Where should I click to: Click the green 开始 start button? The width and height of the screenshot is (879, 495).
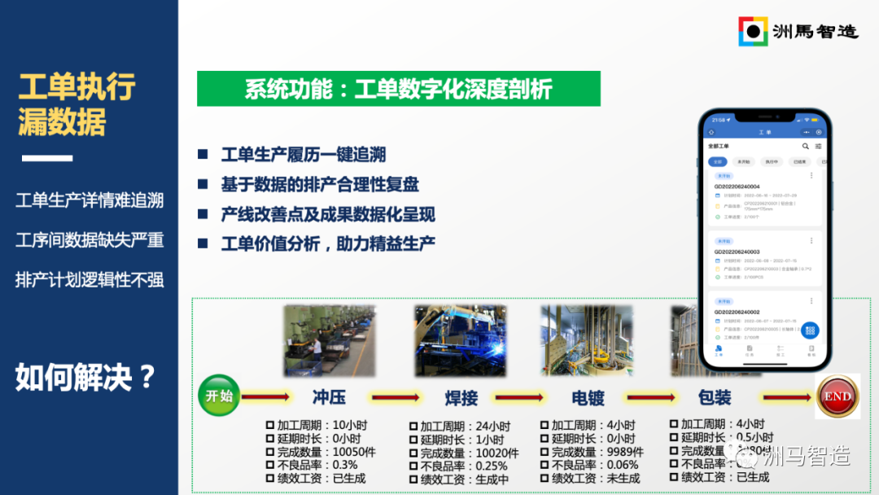[x=218, y=396]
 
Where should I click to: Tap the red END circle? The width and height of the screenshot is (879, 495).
[x=837, y=396]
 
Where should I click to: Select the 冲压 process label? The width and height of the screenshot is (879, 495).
[x=329, y=397]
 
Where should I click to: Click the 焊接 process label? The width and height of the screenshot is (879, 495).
[x=461, y=398]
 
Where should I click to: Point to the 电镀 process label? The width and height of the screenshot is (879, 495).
[x=588, y=398]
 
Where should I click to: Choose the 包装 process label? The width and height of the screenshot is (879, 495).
[x=715, y=397]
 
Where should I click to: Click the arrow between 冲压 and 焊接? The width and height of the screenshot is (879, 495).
[x=394, y=397]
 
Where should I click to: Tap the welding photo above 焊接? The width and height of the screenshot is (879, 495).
[x=460, y=340]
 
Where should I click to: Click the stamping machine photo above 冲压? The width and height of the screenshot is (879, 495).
[x=329, y=340]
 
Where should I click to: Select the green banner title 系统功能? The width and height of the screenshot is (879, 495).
[x=398, y=89]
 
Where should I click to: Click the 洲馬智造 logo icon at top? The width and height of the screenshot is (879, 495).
[x=753, y=31]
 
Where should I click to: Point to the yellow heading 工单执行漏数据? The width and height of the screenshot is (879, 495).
[x=77, y=104]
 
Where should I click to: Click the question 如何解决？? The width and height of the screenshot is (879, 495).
[x=86, y=377]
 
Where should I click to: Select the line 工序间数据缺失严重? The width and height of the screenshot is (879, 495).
[x=90, y=239]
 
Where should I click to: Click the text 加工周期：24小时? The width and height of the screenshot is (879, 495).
[x=465, y=426]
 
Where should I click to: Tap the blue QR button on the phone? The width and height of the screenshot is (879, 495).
[x=809, y=331]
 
